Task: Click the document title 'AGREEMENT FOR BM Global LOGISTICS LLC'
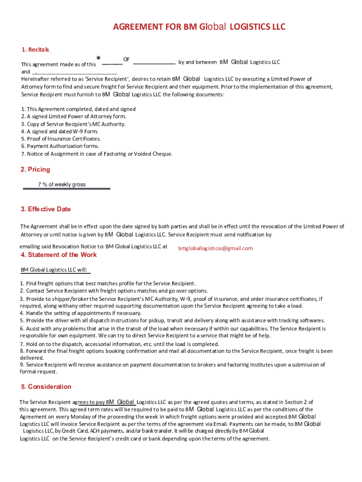tap(199, 27)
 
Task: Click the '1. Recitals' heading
tap(36, 50)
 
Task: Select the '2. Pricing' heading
tap(35, 169)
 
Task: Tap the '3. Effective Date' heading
tap(46, 209)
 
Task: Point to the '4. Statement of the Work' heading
tap(59, 255)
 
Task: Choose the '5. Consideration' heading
tap(46, 386)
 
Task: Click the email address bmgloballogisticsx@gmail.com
tap(215, 249)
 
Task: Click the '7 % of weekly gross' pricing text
tap(62, 185)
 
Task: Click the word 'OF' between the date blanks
tap(126, 59)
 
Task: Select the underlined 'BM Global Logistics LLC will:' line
tap(55, 270)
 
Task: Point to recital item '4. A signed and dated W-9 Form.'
tap(59, 131)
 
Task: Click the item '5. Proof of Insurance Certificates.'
tap(61, 139)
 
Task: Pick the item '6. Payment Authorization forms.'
tap(60, 146)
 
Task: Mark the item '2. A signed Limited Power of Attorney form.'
tap(73, 116)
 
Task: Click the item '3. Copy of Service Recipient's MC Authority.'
tap(73, 124)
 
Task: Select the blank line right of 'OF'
tap(154, 63)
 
